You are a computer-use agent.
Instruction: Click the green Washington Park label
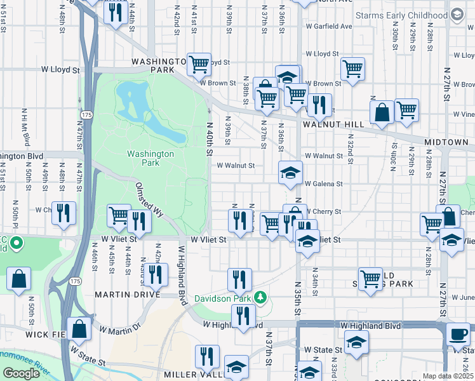point(150,158)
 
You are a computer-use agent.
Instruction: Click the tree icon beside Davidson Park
point(259,297)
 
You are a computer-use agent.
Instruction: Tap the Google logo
point(21,373)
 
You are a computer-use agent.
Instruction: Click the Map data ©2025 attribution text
point(448,376)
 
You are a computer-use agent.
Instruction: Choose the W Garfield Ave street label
point(328,27)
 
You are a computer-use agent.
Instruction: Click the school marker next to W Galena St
point(290,173)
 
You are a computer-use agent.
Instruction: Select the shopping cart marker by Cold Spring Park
point(371,277)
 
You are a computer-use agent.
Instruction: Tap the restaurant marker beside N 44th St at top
point(115,13)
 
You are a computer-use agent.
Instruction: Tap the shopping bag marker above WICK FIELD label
point(79,328)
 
